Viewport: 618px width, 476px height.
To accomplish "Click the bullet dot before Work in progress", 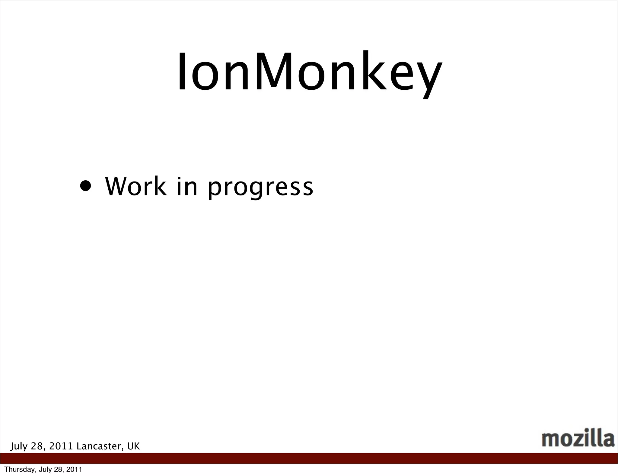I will [x=86, y=186].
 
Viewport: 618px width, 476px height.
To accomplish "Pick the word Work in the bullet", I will [x=135, y=186].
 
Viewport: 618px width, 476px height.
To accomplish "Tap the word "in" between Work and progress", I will [x=187, y=186].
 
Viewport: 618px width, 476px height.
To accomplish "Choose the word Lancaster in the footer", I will [x=100, y=446].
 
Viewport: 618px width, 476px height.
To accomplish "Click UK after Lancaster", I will [x=133, y=446].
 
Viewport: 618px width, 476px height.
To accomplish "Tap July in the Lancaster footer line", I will [x=19, y=446].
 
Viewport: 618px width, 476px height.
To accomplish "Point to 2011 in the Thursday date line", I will [x=74, y=469].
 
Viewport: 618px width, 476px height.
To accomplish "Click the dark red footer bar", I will [x=309, y=458].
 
